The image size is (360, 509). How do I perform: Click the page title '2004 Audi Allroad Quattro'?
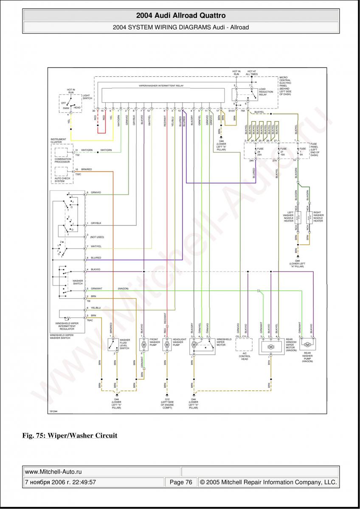pyautogui.click(x=180, y=16)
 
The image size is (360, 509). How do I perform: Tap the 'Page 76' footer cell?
pyautogui.click(x=181, y=482)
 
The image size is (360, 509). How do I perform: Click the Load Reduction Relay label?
pyautogui.click(x=266, y=92)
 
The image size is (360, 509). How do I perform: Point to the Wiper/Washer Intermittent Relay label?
pyautogui.click(x=161, y=85)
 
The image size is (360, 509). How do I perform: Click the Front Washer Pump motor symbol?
pyautogui.click(x=143, y=345)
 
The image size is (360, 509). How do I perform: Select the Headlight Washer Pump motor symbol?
pyautogui.click(x=167, y=345)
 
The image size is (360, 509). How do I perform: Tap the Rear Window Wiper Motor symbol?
pyautogui.click(x=271, y=347)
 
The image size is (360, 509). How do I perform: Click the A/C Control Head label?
pyautogui.click(x=245, y=356)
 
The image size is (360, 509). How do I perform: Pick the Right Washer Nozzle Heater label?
pyautogui.click(x=318, y=217)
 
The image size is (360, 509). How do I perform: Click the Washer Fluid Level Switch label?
pyautogui.click(x=124, y=344)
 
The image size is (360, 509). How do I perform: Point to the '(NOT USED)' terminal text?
pyautogui.click(x=97, y=237)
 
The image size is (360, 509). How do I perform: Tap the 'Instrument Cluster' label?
pyautogui.click(x=58, y=140)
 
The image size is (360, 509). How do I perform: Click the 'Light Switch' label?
pyautogui.click(x=87, y=97)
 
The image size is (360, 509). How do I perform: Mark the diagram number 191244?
pyautogui.click(x=53, y=411)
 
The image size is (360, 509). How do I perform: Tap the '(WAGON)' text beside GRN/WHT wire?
pyautogui.click(x=123, y=288)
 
